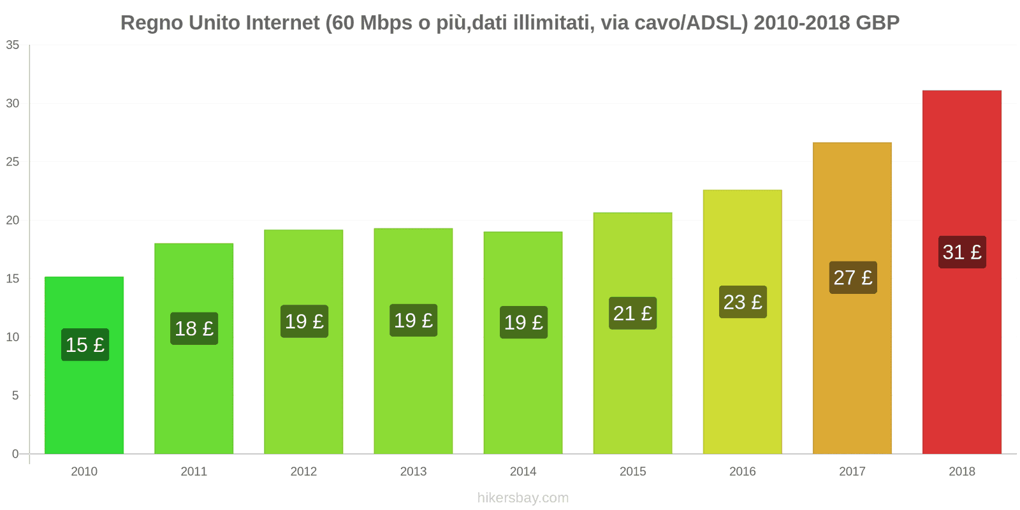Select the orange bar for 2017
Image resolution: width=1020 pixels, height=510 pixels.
point(852,370)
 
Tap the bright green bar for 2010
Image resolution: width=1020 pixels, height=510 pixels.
point(84,402)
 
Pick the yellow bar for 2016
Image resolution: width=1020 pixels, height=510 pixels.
point(742,382)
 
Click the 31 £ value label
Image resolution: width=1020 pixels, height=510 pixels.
point(962,252)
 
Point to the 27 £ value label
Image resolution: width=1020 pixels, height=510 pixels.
point(852,277)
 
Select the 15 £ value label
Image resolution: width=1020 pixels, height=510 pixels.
point(85,344)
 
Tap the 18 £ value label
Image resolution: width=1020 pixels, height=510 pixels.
point(194,328)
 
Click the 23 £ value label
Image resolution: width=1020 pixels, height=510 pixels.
point(743,302)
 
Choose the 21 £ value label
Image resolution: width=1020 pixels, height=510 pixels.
point(632,313)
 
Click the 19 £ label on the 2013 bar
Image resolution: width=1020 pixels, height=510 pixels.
point(413,320)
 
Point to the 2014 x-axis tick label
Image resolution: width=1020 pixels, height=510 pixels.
point(523,471)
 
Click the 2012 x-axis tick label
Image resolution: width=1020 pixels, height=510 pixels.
point(303,471)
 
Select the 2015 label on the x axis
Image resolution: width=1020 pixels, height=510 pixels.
point(632,471)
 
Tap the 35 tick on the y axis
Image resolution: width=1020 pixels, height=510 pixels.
point(13,45)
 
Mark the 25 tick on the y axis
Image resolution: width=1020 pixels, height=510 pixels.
point(13,162)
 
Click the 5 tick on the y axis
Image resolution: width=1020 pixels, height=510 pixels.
point(15,395)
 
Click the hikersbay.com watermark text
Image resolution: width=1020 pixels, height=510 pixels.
point(523,498)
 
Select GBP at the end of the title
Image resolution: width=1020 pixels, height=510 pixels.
point(877,22)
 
